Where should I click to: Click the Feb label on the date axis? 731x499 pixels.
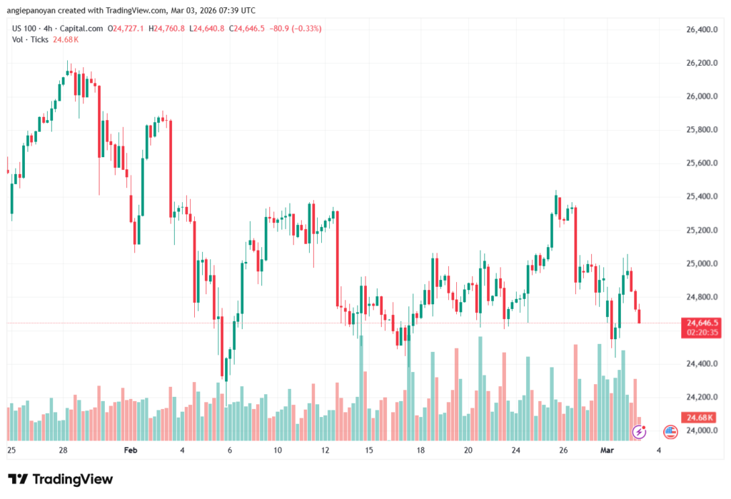click(130, 450)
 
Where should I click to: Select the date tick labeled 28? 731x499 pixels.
click(63, 450)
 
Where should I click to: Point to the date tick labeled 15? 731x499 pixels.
click(369, 450)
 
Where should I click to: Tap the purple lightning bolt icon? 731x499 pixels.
click(640, 431)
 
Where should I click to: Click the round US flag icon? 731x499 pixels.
click(670, 431)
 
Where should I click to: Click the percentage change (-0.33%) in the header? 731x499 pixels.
click(304, 29)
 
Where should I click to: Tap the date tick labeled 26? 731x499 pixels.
click(563, 450)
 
